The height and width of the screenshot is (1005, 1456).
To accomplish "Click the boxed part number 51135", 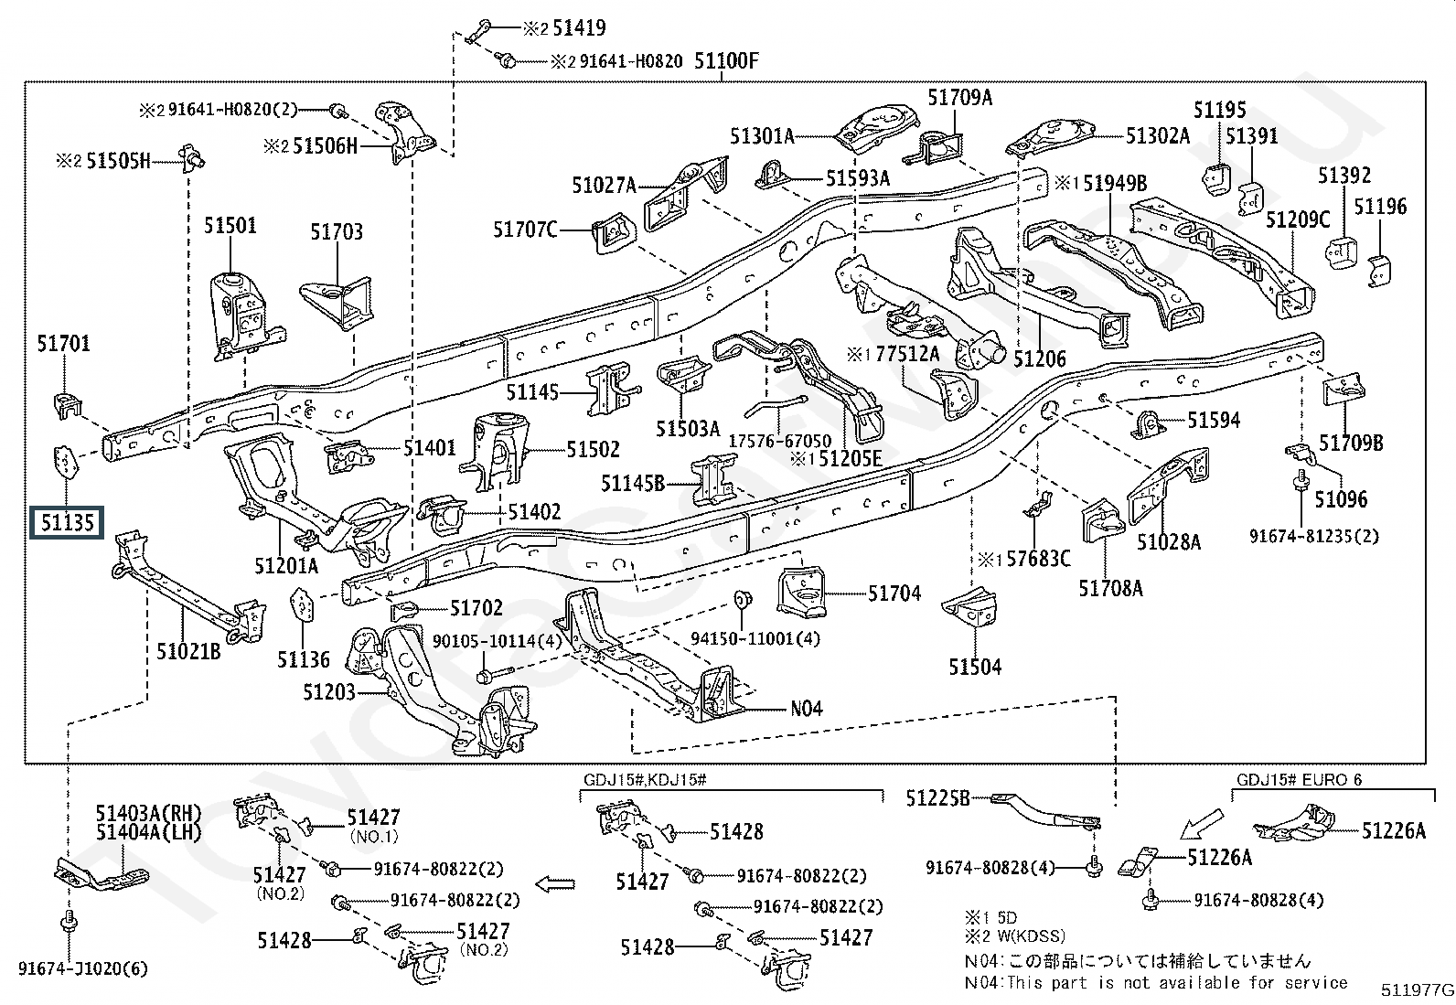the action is [x=67, y=523].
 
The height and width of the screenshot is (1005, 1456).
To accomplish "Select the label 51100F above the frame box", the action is [x=726, y=61].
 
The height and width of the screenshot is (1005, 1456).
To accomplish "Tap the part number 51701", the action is [x=63, y=343].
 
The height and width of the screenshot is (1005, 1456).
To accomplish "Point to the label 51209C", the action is [x=1298, y=219].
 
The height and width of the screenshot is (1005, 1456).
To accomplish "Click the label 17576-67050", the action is [x=779, y=441].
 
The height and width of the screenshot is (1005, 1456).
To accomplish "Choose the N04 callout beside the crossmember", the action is [x=806, y=708].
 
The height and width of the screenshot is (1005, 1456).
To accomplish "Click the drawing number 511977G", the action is [x=1417, y=989].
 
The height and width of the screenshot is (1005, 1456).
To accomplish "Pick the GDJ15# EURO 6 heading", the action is [x=1299, y=779].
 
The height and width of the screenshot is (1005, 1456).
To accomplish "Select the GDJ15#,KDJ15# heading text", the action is [x=645, y=779].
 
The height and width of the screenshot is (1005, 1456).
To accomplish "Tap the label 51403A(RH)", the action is [x=149, y=813].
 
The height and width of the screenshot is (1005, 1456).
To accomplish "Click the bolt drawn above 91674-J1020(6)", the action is [x=69, y=921].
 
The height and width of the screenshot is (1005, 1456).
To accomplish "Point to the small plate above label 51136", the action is [x=302, y=604].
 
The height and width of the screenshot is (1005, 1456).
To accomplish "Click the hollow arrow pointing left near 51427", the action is [x=554, y=884].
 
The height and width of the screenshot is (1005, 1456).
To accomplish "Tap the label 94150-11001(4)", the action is [x=755, y=638].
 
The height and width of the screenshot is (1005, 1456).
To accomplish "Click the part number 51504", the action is [x=974, y=667].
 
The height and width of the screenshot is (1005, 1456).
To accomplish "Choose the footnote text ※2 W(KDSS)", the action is [x=1015, y=936].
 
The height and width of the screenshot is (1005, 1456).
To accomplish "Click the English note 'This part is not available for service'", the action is [x=1176, y=982].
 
